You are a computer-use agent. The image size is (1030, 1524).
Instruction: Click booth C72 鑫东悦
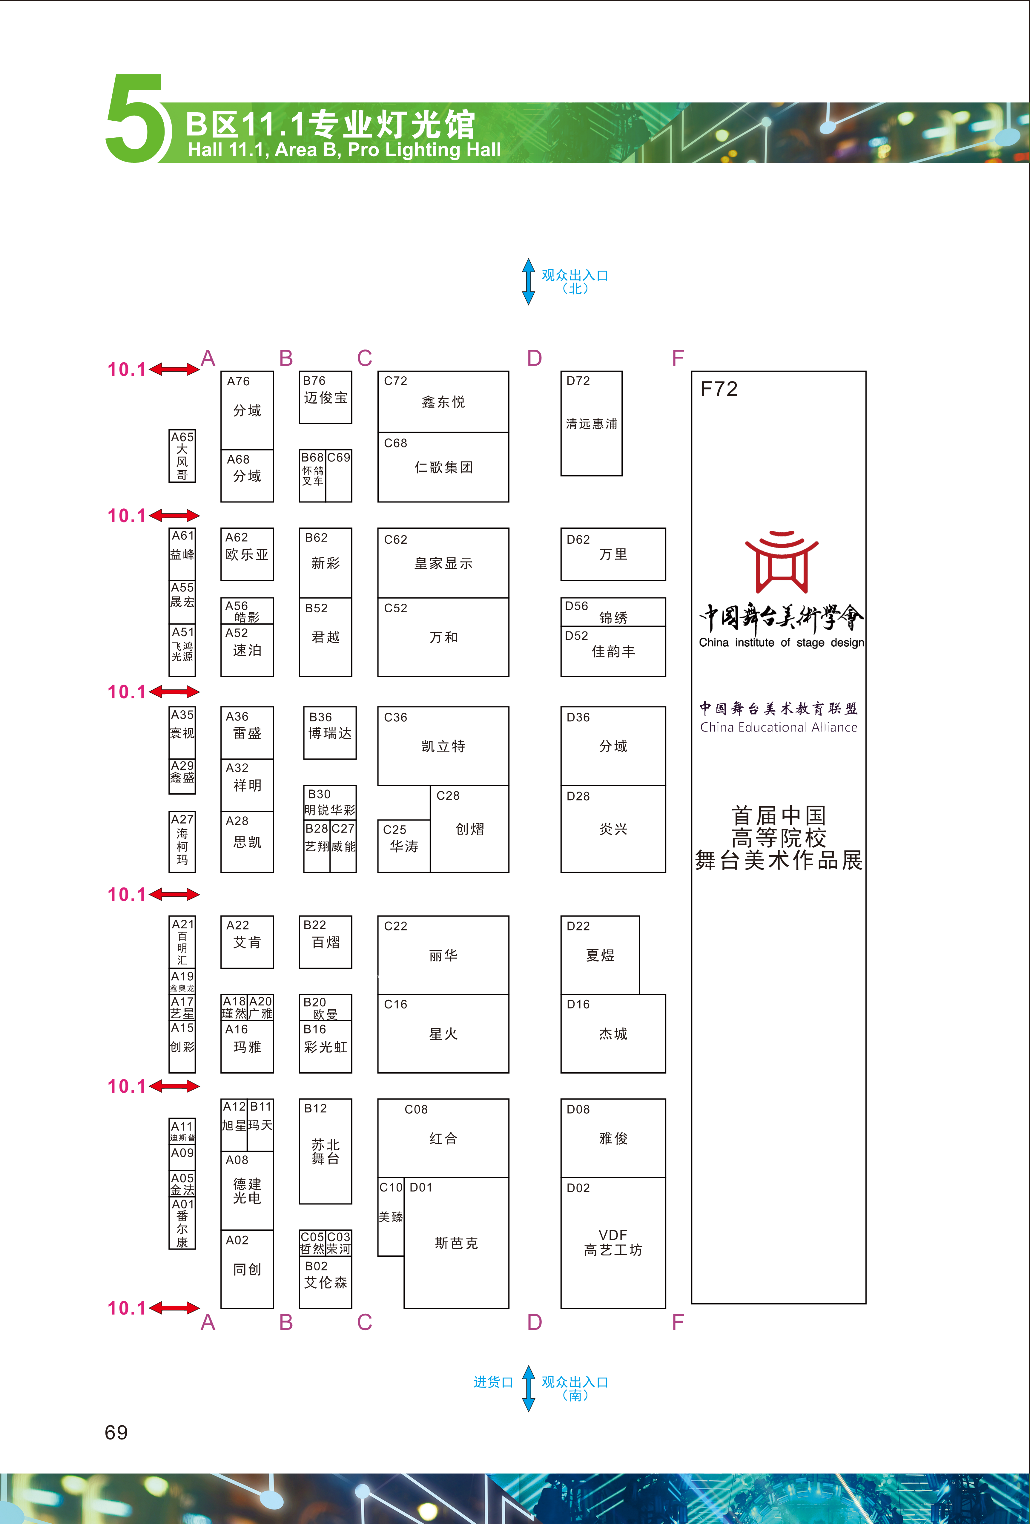(x=443, y=401)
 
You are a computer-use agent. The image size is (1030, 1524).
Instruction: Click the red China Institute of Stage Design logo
(x=782, y=561)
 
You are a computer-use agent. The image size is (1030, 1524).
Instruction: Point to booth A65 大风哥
(x=182, y=456)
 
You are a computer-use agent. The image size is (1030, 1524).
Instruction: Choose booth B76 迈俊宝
(x=326, y=397)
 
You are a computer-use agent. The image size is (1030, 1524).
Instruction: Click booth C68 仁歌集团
(x=443, y=467)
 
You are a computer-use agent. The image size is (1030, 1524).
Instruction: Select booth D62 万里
(x=613, y=554)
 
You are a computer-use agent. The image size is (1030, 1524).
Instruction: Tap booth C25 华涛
(x=404, y=846)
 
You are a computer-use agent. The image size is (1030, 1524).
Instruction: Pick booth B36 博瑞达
(x=330, y=732)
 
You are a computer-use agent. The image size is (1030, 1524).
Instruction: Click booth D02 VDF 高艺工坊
(x=613, y=1243)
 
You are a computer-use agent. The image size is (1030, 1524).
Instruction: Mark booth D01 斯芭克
(x=456, y=1243)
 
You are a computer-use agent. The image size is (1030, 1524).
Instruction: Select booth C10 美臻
(x=391, y=1216)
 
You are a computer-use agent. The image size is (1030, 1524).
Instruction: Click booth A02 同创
(x=247, y=1269)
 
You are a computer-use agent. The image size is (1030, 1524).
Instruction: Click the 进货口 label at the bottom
(x=493, y=1382)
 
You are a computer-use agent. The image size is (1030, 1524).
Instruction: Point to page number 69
(x=116, y=1432)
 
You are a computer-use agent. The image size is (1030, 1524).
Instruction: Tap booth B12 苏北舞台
(x=326, y=1151)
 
